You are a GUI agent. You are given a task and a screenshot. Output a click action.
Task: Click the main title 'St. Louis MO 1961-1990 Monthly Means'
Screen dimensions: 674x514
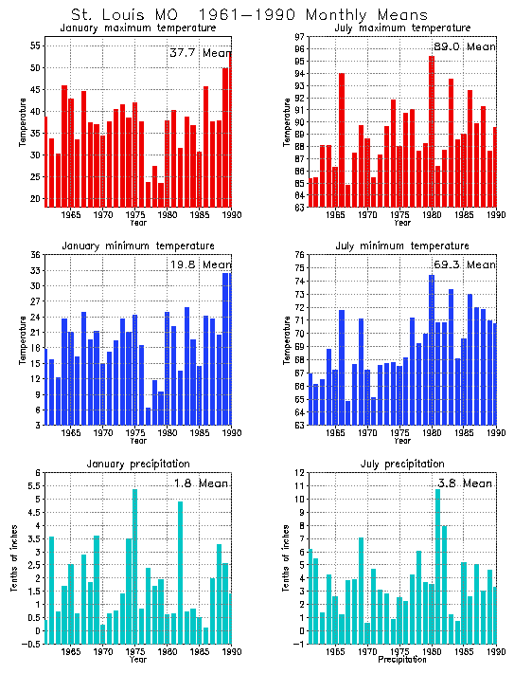250,14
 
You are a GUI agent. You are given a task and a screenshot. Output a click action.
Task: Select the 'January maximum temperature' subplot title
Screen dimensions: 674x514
136,27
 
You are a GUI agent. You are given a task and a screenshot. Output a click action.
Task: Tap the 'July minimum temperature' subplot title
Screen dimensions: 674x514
401,246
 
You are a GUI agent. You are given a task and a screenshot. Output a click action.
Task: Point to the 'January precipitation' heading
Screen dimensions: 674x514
136,464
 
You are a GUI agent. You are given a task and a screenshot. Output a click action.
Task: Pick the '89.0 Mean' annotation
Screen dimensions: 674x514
464,46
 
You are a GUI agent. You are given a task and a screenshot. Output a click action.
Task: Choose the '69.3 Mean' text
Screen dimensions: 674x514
464,264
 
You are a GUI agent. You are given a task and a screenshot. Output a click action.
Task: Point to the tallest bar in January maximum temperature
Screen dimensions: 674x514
229,129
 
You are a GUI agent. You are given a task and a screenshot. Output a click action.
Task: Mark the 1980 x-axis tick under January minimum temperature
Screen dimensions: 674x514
168,432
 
